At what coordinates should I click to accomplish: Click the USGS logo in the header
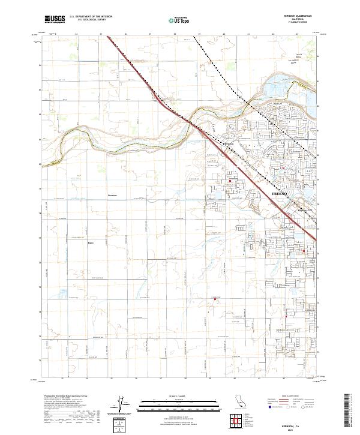[x=55, y=20]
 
